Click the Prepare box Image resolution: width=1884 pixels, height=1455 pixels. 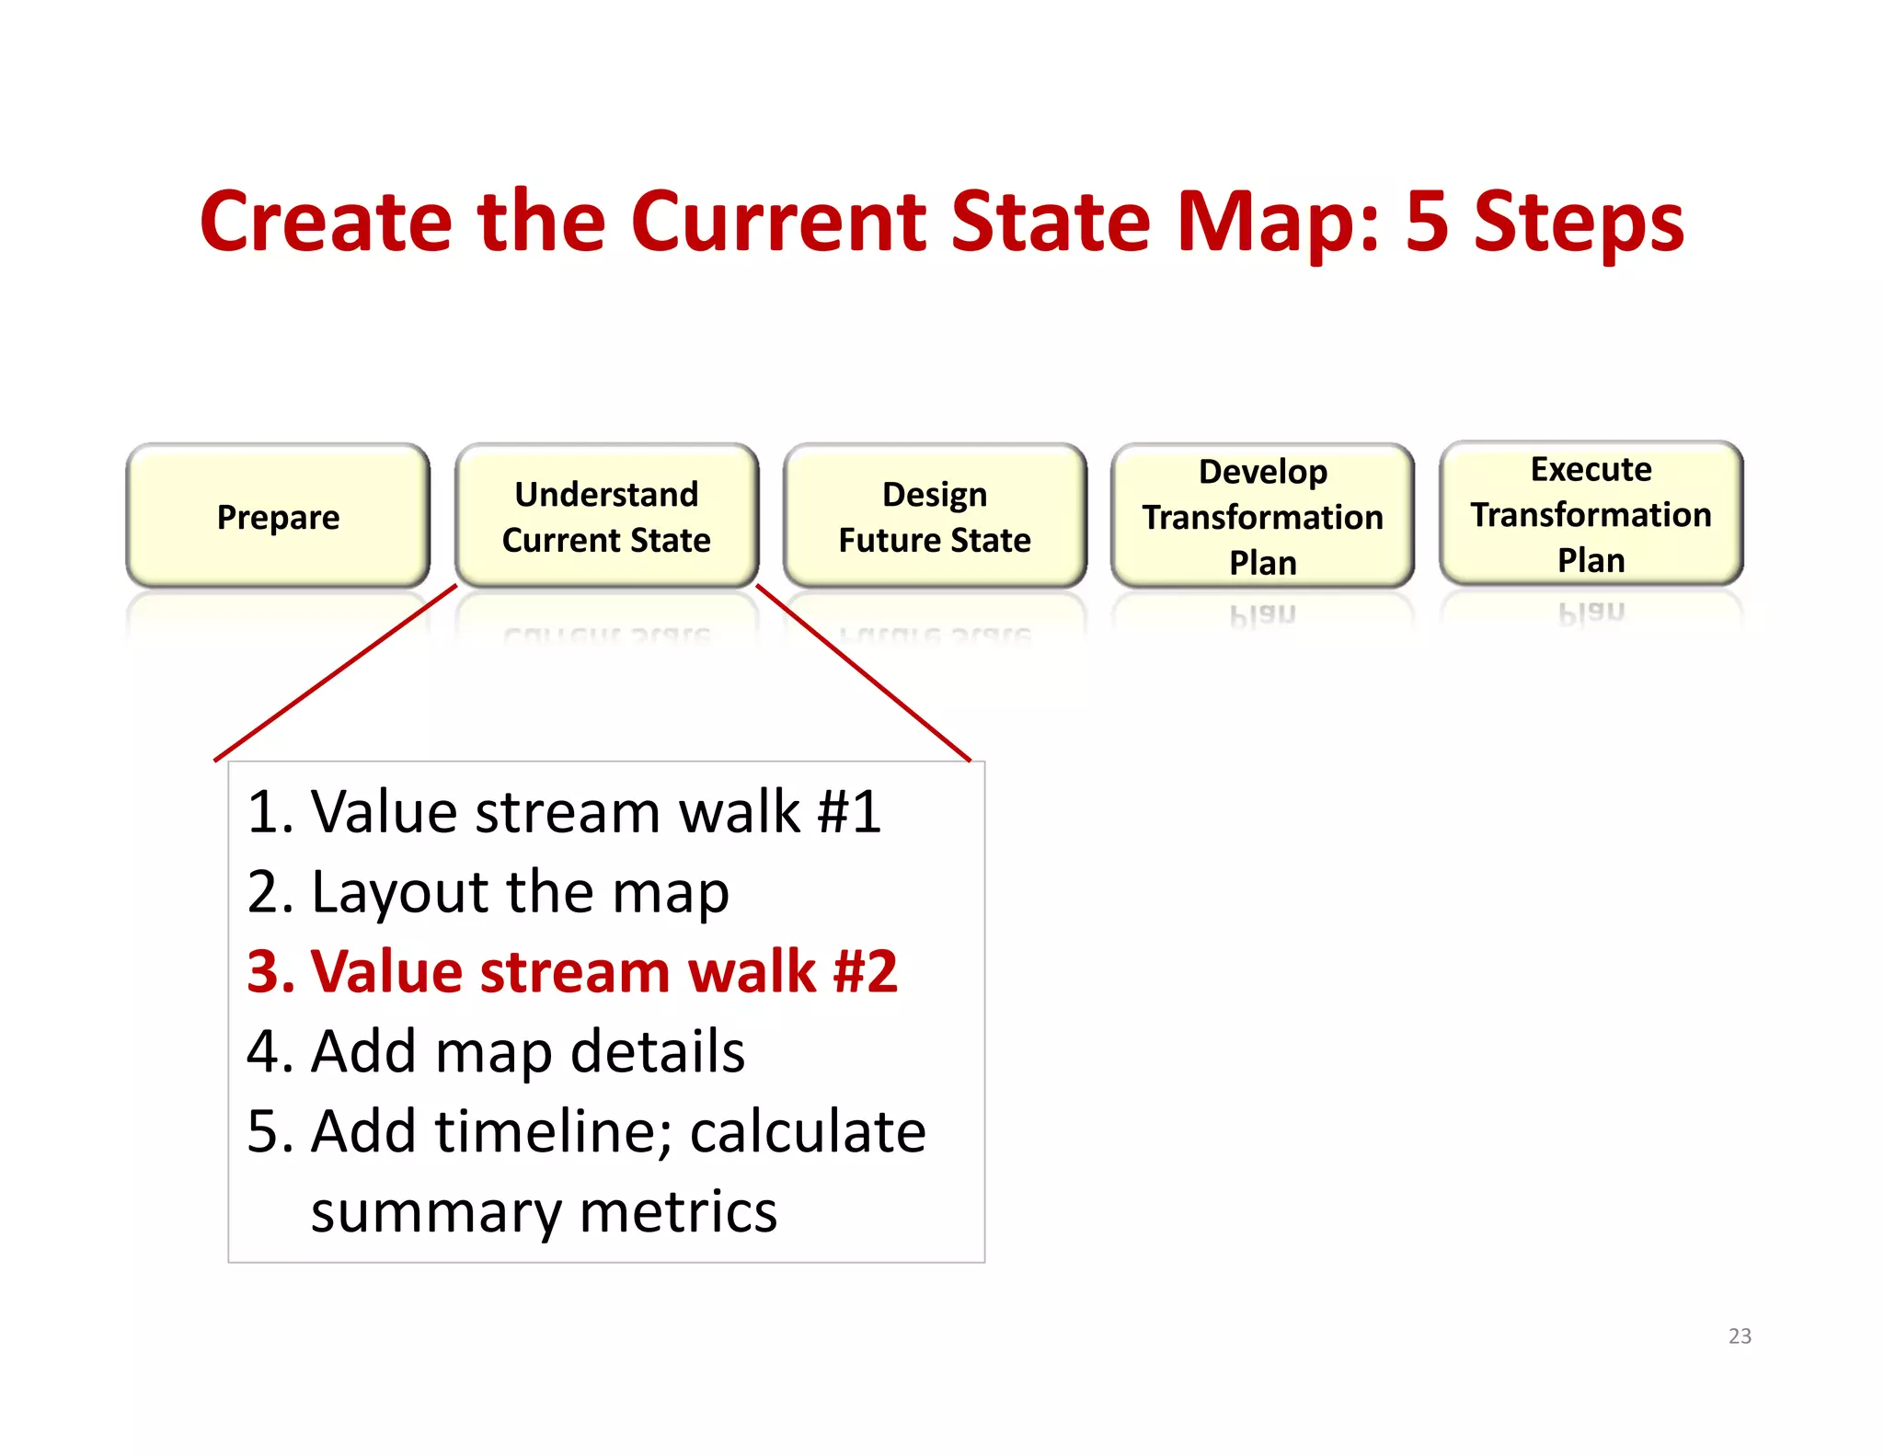coord(278,516)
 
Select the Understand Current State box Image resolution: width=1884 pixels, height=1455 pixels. coord(606,516)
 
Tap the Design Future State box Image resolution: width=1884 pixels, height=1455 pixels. coord(935,516)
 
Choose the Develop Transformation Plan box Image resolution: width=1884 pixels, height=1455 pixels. coord(1262,516)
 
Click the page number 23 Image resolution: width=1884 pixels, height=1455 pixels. coord(1740,1335)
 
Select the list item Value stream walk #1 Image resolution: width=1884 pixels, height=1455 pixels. coord(564,812)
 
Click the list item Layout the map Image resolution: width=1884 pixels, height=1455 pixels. coord(488,892)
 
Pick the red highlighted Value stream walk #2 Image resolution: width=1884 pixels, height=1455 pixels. coord(572,971)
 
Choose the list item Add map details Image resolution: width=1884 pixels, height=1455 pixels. coord(496,1051)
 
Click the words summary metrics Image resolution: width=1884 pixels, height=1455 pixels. coord(544,1211)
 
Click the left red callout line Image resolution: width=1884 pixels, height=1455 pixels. coord(336,672)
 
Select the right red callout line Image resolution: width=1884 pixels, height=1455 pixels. coord(863,672)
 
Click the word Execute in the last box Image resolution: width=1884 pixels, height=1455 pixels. coord(1591,469)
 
